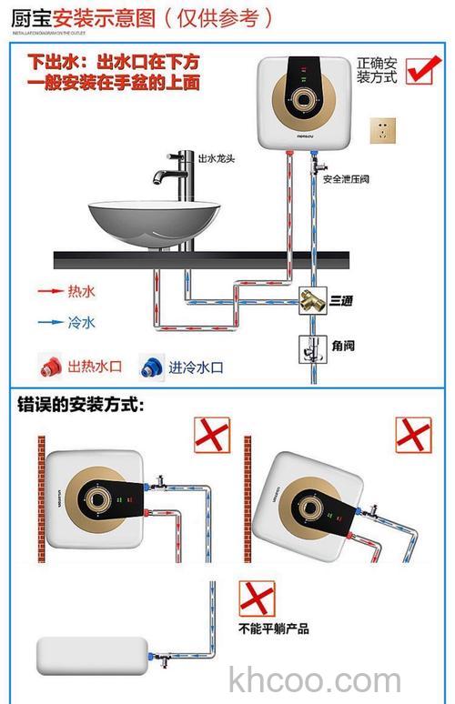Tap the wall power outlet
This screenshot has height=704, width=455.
click(382, 130)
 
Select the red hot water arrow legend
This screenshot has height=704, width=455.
click(53, 292)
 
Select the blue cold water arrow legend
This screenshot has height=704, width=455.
click(53, 321)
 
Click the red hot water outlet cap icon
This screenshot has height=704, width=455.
click(50, 367)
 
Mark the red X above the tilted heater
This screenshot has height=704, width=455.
click(412, 435)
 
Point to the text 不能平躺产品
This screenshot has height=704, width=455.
click(274, 629)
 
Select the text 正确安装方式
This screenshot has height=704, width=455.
click(377, 70)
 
